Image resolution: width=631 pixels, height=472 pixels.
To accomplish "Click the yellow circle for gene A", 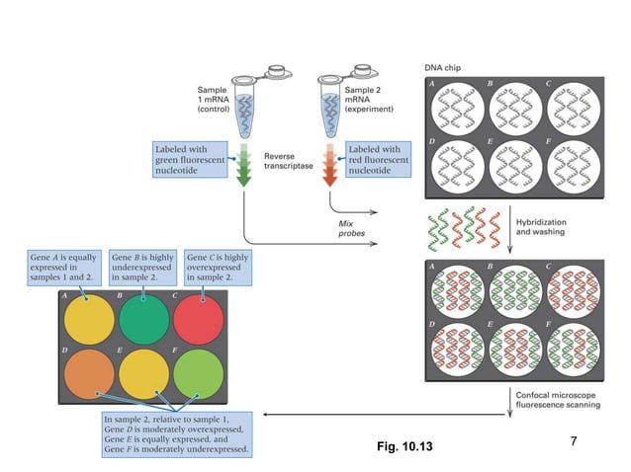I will coord(89,318).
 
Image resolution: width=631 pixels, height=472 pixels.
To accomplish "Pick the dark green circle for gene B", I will coord(144,318).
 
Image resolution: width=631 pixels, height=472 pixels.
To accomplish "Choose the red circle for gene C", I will coord(200,318).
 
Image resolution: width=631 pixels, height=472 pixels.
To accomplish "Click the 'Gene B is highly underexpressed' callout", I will coord(143,268).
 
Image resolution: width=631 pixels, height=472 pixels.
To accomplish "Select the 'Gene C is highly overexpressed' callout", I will coord(218,268).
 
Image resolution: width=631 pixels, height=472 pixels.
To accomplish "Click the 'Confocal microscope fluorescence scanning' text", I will coord(557,399).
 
